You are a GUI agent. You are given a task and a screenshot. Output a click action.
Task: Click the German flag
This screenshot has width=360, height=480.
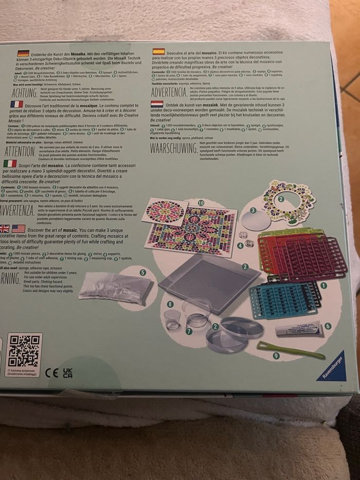[x=23, y=53]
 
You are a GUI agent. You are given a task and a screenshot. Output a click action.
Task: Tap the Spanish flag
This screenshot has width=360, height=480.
[x=158, y=51]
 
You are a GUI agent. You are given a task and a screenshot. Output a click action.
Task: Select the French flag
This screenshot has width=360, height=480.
[x=16, y=104]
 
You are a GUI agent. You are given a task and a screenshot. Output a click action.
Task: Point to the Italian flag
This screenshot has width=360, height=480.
[x=10, y=163]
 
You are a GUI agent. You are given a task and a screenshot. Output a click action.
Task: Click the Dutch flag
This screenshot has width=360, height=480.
[x=157, y=104]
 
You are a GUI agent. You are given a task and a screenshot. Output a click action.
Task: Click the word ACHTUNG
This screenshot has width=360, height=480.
[x=24, y=93]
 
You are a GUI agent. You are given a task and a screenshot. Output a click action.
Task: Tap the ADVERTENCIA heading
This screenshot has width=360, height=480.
[x=169, y=93]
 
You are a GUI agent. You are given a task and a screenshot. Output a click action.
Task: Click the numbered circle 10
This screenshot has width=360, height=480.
[x=201, y=203]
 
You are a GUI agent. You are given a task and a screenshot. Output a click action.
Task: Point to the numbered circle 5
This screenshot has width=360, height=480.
[x=142, y=272]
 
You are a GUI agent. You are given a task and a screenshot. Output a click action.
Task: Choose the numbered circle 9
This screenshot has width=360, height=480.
[x=276, y=355]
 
